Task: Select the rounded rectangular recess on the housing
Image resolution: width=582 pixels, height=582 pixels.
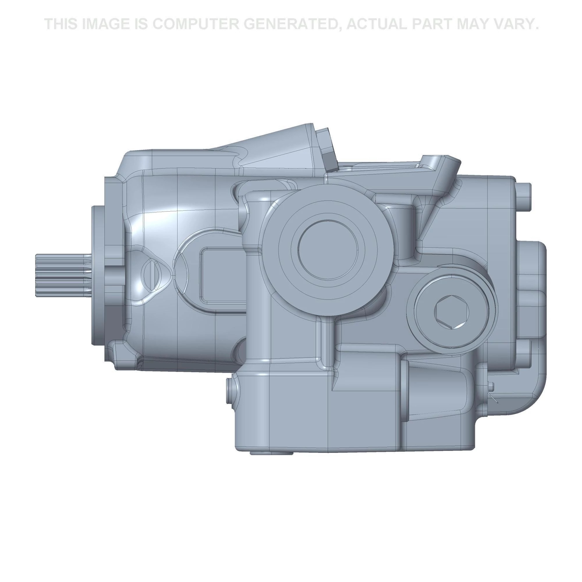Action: pyautogui.click(x=223, y=275)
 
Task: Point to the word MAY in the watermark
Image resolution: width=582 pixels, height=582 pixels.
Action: pyautogui.click(x=472, y=24)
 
